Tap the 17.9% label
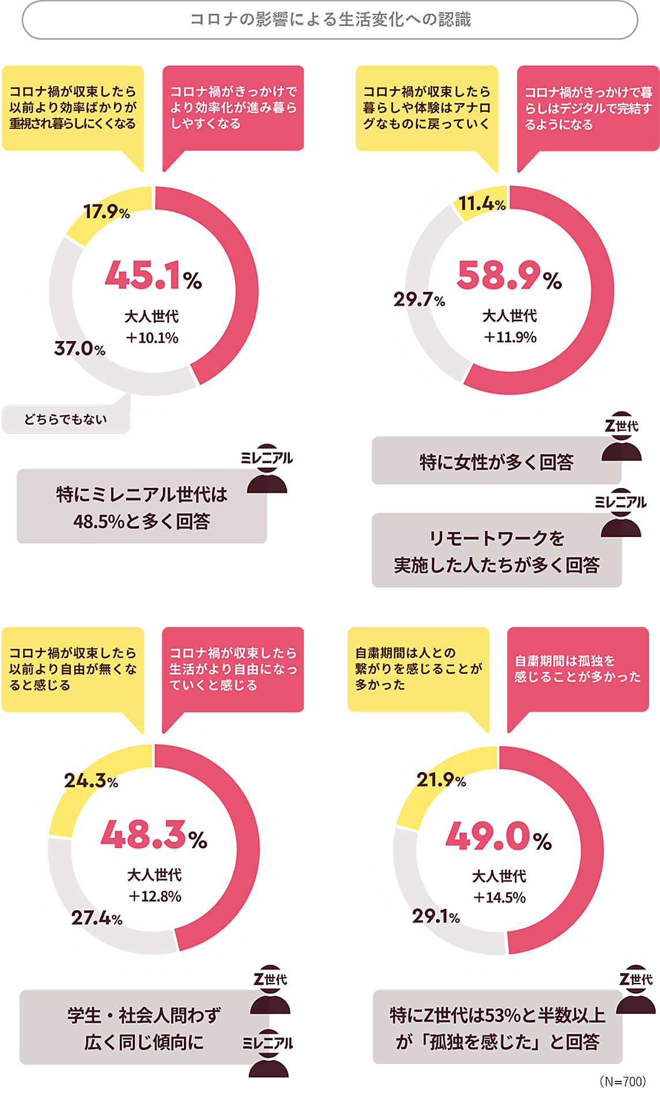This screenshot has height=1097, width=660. pos(107,212)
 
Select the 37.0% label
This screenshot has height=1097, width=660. pos(80,348)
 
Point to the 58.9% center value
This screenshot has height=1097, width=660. pos(509,275)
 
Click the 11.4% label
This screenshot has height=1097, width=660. pos(482,203)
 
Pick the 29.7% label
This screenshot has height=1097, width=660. pos(419,299)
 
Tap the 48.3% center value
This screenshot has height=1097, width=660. pos(154,835)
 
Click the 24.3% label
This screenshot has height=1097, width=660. pos(90,781)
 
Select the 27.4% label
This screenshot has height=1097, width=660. pos(96,918)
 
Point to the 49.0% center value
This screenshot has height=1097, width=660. pos(499,837)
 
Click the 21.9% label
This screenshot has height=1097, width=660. pos(441,780)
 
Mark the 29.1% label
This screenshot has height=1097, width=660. pos(436,916)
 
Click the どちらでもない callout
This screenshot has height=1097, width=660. pos(66,419)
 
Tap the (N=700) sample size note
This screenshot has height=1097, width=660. pos(623,1081)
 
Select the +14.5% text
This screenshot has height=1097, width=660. pos(499,898)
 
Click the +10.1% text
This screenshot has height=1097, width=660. pos(152,338)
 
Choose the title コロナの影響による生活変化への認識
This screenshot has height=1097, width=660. pos(330,20)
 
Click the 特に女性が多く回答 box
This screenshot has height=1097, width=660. pos(496,462)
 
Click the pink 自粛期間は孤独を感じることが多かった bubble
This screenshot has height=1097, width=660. pos(578,669)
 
